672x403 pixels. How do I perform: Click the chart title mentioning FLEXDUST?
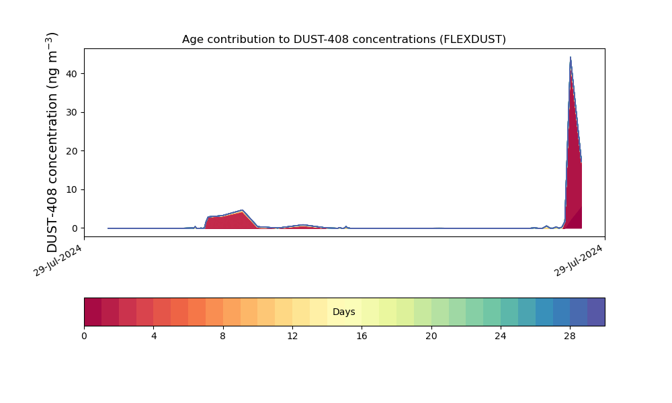343,40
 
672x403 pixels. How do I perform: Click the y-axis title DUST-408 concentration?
53,142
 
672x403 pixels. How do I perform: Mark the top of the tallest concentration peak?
571,58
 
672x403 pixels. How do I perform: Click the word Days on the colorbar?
343,312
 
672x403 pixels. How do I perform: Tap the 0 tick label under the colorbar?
84,336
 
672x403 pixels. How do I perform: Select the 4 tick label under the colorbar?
153,336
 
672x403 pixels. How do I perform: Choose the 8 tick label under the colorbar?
223,336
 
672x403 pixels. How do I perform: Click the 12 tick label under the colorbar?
292,336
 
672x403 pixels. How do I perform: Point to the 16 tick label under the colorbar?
362,336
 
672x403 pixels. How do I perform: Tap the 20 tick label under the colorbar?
431,336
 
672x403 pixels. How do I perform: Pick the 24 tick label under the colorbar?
501,336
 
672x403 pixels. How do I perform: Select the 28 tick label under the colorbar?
570,336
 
